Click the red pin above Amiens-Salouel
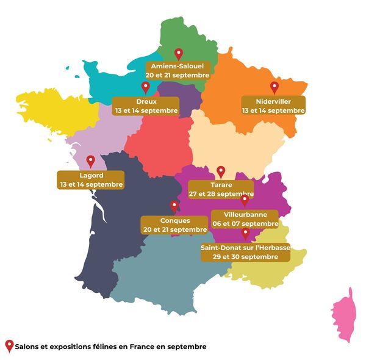(178, 54)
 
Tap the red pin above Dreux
(145, 87)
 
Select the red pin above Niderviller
(274, 87)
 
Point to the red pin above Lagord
(90, 161)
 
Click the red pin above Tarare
(221, 171)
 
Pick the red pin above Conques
(174, 206)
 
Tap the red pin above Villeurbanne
(245, 200)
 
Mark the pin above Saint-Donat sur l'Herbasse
(245, 234)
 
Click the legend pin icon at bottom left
(9, 346)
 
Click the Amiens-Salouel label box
(178, 70)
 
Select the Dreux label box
(146, 106)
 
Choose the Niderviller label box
(273, 106)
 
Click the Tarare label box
(220, 189)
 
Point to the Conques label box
(175, 225)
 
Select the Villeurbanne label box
(244, 218)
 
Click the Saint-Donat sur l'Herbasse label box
(245, 252)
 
